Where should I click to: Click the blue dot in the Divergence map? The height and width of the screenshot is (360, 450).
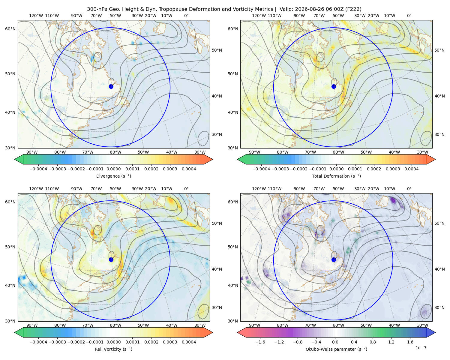(111, 86)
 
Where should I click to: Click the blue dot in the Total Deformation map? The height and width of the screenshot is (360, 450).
(334, 86)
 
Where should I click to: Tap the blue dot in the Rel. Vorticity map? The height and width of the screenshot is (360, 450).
(111, 259)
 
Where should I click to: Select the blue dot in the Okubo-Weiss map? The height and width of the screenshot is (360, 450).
(334, 259)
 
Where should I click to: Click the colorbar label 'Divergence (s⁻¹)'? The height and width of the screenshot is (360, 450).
(113, 176)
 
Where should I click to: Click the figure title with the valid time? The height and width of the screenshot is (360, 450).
(224, 9)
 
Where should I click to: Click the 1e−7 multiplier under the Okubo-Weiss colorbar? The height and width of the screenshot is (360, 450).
(421, 348)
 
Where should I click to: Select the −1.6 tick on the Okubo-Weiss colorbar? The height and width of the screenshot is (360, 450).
(260, 342)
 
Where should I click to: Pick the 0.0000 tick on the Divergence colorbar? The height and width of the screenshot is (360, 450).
(113, 169)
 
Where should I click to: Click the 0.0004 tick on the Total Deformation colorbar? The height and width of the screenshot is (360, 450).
(411, 169)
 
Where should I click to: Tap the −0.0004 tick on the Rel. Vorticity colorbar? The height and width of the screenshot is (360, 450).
(38, 342)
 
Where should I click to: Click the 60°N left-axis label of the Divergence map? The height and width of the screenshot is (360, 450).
(10, 29)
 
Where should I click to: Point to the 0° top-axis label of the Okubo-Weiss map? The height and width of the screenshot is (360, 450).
(409, 189)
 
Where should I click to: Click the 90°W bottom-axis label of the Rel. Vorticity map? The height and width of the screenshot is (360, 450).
(32, 325)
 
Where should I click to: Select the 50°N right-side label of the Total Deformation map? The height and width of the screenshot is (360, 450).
(439, 50)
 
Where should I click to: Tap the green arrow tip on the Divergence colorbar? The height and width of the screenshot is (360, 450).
(15, 159)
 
